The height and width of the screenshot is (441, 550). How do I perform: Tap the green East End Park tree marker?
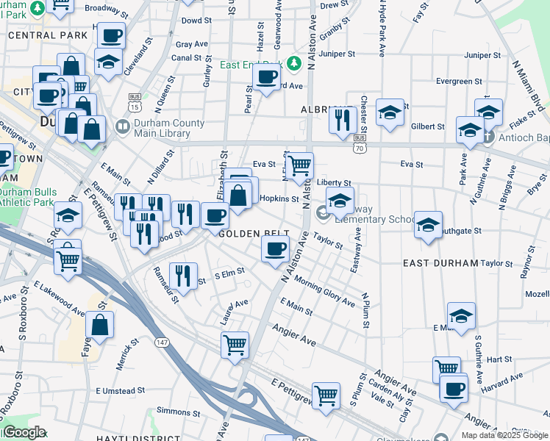tap(294, 64)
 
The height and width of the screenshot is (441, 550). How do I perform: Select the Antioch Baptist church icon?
tap(489, 136)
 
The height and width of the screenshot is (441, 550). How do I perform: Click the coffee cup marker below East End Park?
tap(266, 76)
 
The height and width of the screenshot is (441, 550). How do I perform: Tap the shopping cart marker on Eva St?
tap(299, 166)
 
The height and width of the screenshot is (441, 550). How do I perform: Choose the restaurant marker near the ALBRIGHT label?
tap(342, 119)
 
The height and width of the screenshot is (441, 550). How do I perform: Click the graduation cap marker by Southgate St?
tap(428, 225)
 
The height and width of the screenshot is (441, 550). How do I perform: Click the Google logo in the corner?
tap(24, 432)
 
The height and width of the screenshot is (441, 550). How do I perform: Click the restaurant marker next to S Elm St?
tap(184, 276)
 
